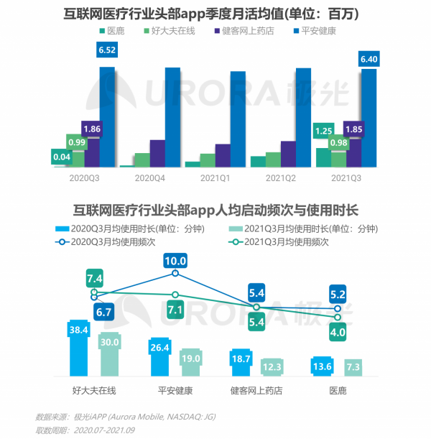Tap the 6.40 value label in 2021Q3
368,57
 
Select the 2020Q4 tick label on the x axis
150,177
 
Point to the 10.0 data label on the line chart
175,262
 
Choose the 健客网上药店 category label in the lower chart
256,391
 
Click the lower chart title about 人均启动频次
215,211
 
